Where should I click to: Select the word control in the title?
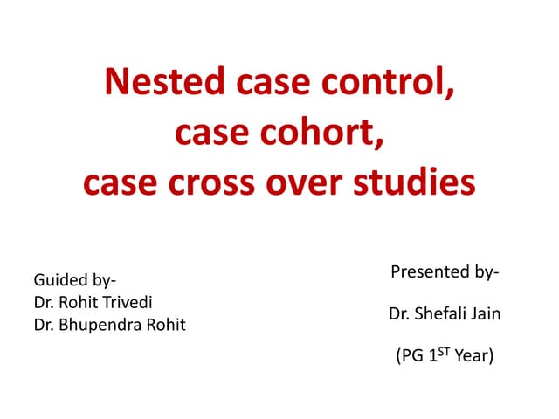click(x=387, y=85)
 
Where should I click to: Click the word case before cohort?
click(x=210, y=134)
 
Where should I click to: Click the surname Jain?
click(x=486, y=313)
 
